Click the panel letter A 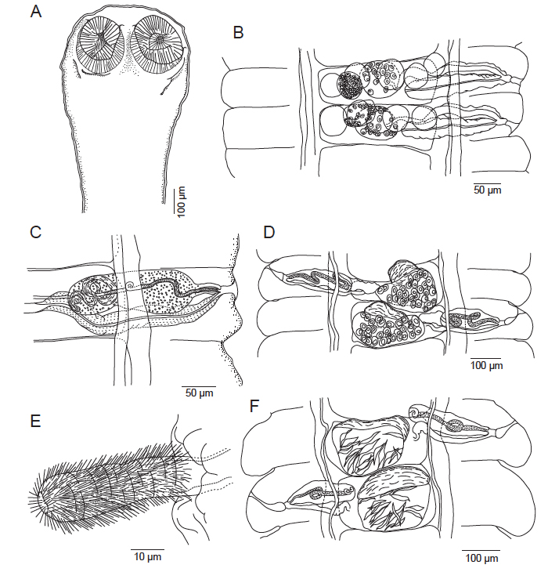tap(36, 12)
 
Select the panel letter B tap(238, 33)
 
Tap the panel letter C tap(36, 233)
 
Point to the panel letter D tap(269, 233)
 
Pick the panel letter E tap(35, 422)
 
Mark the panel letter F tap(254, 406)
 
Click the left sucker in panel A tap(99, 39)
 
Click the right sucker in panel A tap(158, 41)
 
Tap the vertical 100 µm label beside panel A tap(181, 202)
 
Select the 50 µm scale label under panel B tap(488, 190)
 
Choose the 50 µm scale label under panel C tap(200, 393)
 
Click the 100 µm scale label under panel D tap(486, 365)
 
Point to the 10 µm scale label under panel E tap(147, 556)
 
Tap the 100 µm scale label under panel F tap(481, 558)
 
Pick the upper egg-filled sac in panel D tap(406, 286)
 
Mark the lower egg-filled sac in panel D tap(388, 324)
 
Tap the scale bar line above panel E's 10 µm tap(147, 549)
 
